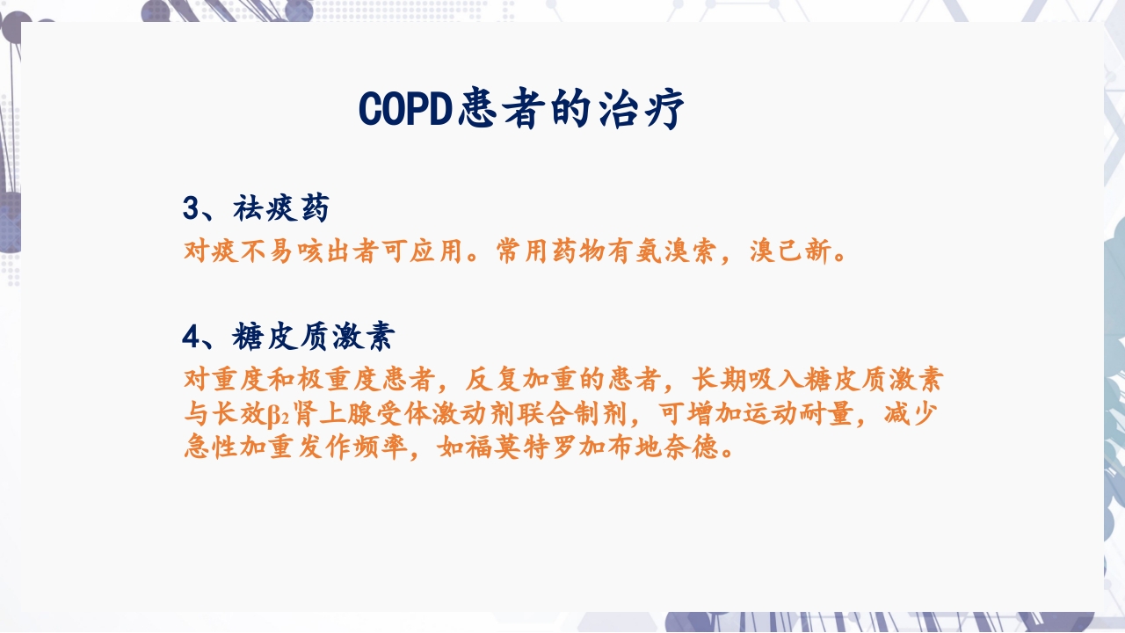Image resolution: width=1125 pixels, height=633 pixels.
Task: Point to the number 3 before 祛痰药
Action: click(x=191, y=209)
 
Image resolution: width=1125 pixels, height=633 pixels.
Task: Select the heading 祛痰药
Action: click(x=281, y=209)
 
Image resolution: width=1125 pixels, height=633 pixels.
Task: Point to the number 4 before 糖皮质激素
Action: click(x=191, y=336)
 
